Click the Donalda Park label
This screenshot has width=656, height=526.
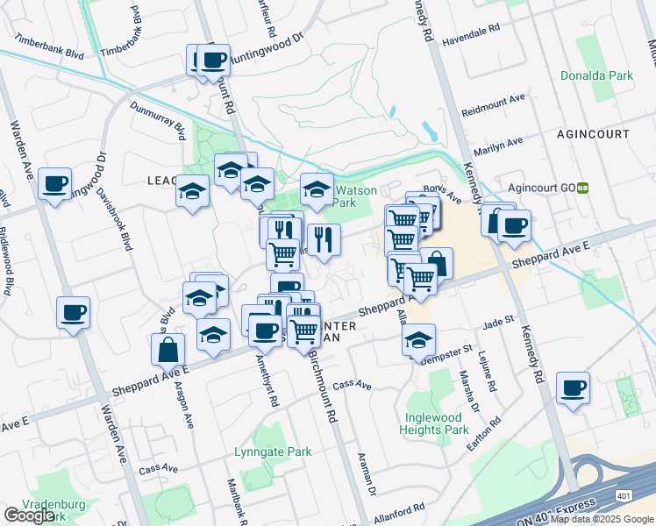(597, 76)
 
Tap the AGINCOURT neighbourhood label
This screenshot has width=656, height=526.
(593, 134)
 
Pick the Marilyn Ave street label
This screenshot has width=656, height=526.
(498, 141)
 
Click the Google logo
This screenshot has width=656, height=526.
(29, 515)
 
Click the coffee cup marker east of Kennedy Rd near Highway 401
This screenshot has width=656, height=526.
(574, 388)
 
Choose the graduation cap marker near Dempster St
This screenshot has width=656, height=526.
(419, 339)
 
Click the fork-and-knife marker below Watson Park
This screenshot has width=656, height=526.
(324, 238)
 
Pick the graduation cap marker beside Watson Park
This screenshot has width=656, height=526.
(317, 188)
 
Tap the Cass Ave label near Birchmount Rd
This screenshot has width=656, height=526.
(353, 385)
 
